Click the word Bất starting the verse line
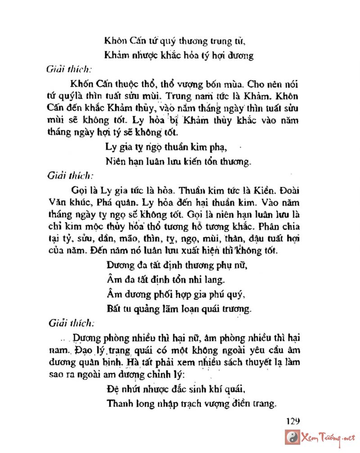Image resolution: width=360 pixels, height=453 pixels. (x=114, y=309)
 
